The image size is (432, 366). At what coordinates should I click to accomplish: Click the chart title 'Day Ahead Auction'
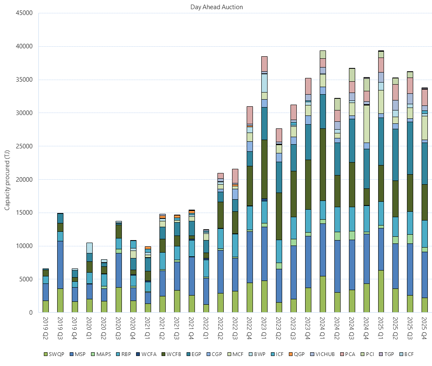216,7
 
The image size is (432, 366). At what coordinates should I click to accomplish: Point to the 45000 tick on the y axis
24,13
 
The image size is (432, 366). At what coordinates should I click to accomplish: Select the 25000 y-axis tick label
24,146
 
